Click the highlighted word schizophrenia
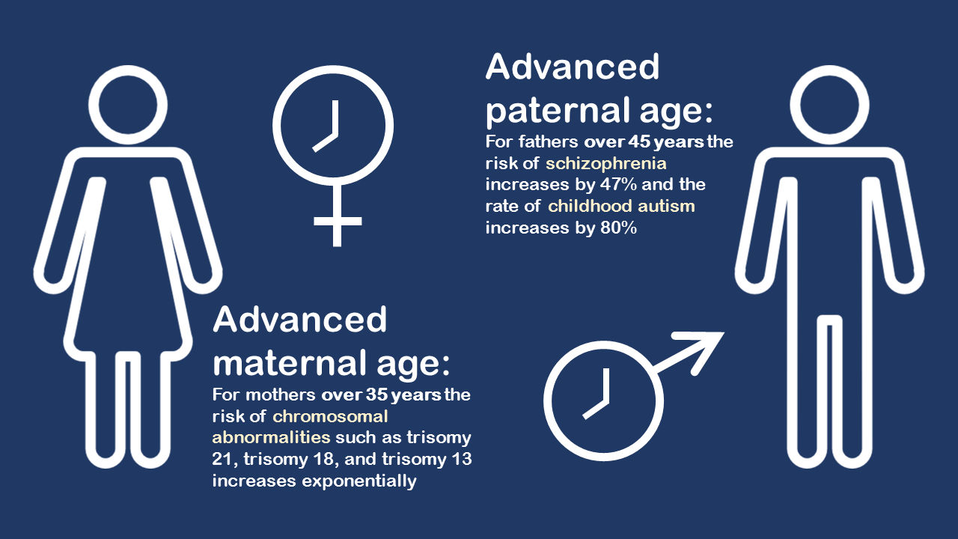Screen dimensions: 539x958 [606, 162]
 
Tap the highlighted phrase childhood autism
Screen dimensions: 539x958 [621, 205]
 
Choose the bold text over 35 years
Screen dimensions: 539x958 [382, 395]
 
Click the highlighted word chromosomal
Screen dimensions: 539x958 [330, 416]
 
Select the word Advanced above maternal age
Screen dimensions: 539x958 [299, 320]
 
